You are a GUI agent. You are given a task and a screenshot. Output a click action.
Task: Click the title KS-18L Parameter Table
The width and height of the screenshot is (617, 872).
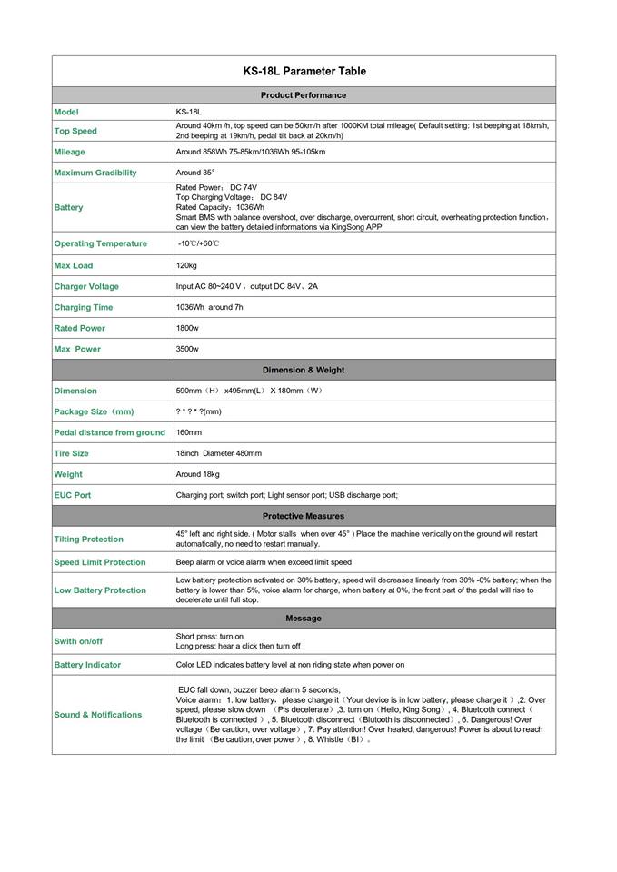(304, 71)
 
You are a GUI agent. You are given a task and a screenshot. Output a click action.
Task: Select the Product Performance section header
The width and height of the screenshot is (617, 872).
(304, 94)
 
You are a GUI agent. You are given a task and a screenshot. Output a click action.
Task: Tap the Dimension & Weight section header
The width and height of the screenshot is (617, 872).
(304, 370)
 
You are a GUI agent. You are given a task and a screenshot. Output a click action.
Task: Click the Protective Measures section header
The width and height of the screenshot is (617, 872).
(304, 516)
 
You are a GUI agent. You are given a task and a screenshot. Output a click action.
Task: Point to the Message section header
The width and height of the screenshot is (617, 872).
(304, 619)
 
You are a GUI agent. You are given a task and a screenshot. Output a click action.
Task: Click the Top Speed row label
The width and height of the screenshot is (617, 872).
(75, 131)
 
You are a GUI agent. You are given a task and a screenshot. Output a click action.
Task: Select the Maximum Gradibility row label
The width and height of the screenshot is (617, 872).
(95, 173)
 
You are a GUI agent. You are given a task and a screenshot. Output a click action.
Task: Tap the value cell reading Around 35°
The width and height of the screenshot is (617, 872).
(195, 173)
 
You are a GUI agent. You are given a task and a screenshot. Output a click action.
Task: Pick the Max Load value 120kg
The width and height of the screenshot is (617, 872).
(186, 265)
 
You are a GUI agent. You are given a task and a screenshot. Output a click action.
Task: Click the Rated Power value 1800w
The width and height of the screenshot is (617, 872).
(187, 328)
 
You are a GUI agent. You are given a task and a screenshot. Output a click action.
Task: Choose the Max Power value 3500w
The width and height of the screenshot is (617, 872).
(187, 349)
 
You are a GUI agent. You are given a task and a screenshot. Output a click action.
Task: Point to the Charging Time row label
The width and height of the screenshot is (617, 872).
(84, 307)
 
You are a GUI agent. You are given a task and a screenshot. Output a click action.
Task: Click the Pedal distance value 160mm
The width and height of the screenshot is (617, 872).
(189, 432)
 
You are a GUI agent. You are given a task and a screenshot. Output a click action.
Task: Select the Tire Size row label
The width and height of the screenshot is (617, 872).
(72, 453)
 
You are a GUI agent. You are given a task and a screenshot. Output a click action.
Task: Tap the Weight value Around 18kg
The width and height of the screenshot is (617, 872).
(198, 474)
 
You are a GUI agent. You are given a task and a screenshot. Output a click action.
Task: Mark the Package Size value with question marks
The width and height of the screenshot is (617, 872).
(198, 411)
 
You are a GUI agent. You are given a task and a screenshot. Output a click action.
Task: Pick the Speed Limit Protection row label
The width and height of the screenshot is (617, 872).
(100, 562)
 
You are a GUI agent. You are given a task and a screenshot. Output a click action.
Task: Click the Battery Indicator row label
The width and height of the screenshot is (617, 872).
(87, 665)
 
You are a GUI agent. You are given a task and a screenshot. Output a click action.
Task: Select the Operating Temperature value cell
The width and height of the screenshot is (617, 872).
(199, 243)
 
